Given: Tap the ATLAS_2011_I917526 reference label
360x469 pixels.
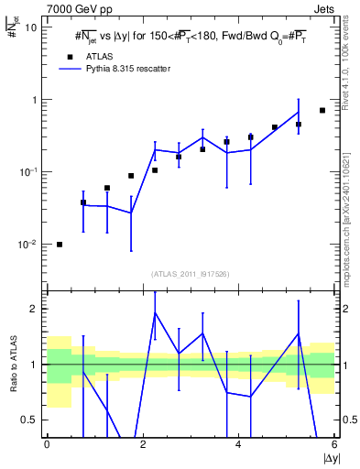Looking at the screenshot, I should (191, 273).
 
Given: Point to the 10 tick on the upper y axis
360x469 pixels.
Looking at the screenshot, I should (31, 27).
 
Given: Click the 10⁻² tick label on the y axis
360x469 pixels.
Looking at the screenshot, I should (28, 245).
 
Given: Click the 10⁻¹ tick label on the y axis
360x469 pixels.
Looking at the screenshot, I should (28, 172).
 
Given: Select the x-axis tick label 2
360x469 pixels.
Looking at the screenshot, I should (142, 444).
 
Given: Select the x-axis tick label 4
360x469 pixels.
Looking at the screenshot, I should (238, 444).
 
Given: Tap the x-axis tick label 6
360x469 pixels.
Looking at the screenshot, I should (333, 444).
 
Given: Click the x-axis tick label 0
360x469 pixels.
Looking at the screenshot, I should (47, 444).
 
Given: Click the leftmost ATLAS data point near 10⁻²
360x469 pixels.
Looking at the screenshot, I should (60, 245).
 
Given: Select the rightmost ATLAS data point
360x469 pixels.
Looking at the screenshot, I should (322, 110).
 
